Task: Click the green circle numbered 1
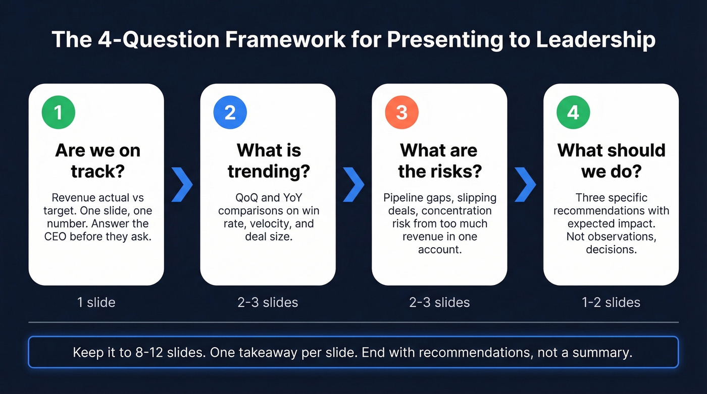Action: point(58,112)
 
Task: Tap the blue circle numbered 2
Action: point(230,112)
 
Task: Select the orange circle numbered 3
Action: point(401,112)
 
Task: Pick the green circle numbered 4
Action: point(573,112)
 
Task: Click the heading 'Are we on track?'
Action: point(97,160)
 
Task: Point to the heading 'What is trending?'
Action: point(269,160)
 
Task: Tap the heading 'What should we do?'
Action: point(611,160)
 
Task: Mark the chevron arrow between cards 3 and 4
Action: point(525,185)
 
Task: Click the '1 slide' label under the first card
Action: point(96,302)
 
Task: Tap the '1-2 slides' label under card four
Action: point(611,302)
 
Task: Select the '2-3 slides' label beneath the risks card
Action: point(439,302)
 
